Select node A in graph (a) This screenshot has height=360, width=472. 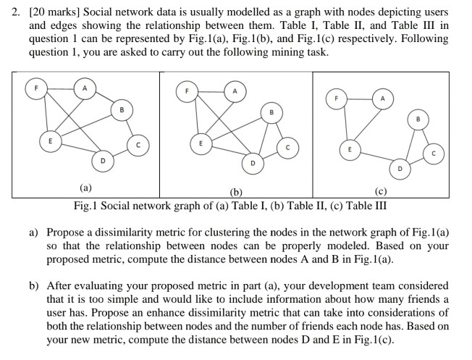click(85, 89)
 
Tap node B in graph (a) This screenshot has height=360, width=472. click(122, 110)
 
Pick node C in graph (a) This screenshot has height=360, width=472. click(136, 143)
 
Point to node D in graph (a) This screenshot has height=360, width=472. click(102, 160)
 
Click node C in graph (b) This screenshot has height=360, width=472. click(287, 148)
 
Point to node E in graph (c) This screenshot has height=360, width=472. click(350, 149)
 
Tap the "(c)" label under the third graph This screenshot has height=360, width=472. click(382, 192)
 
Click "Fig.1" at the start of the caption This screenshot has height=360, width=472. click(86, 205)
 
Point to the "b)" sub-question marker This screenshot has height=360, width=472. click(35, 285)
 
